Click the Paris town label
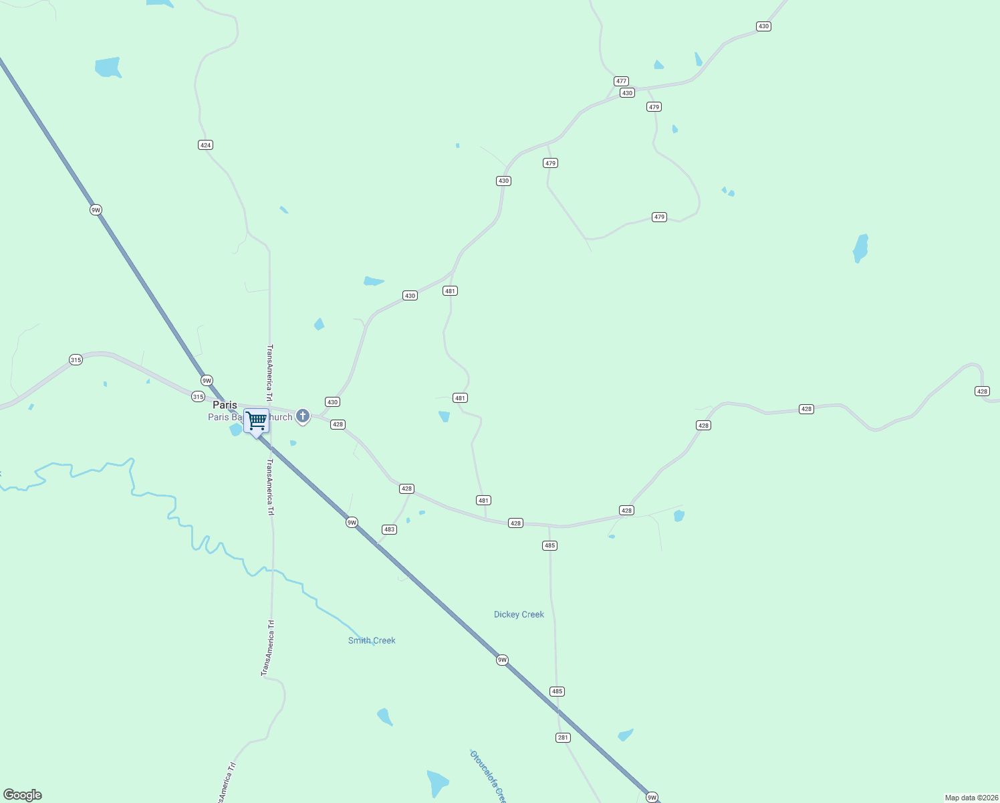225,405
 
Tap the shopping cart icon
256,421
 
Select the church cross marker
303,416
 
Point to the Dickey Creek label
519,614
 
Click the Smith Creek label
372,640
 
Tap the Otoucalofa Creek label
488,776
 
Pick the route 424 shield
205,145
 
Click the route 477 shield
621,81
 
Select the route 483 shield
389,529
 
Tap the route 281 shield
563,737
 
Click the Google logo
22,795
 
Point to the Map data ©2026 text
971,798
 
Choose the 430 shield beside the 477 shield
626,93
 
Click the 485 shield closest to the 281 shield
557,691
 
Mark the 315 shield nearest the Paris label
198,396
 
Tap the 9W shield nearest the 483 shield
352,522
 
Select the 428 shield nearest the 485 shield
515,523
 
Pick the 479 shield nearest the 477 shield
654,107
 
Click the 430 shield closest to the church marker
332,402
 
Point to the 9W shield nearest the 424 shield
96,210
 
